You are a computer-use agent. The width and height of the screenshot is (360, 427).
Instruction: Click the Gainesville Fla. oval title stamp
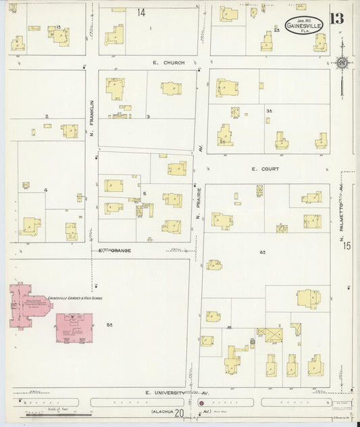(x=304, y=24)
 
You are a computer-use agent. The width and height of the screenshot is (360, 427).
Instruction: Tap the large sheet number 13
(x=336, y=19)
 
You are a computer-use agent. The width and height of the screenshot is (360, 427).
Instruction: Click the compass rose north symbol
(x=342, y=64)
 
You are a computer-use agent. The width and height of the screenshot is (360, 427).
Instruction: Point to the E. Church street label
(x=168, y=63)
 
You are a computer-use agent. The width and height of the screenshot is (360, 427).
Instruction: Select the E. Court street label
(x=265, y=169)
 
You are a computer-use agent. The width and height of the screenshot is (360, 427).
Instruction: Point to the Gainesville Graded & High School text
(x=76, y=298)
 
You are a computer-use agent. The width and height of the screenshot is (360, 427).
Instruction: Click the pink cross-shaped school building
(x=29, y=305)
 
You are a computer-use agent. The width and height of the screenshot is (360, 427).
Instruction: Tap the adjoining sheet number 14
(x=141, y=12)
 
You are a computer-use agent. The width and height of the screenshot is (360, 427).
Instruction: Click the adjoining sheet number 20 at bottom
(x=179, y=413)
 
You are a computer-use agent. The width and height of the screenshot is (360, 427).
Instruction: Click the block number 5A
(x=109, y=325)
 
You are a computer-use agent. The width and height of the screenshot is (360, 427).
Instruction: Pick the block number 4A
(x=261, y=251)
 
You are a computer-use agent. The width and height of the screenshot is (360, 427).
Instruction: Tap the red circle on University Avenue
(x=201, y=403)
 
